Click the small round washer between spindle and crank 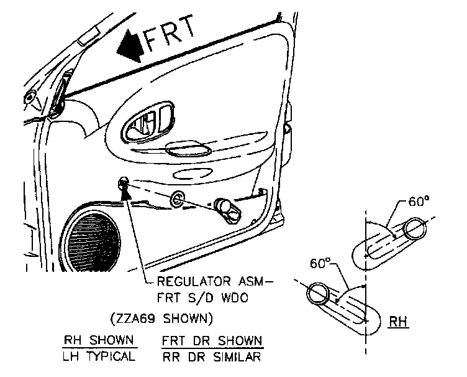tap(176, 199)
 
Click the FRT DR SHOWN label tap(211, 342)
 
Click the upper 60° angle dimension tap(419, 202)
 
